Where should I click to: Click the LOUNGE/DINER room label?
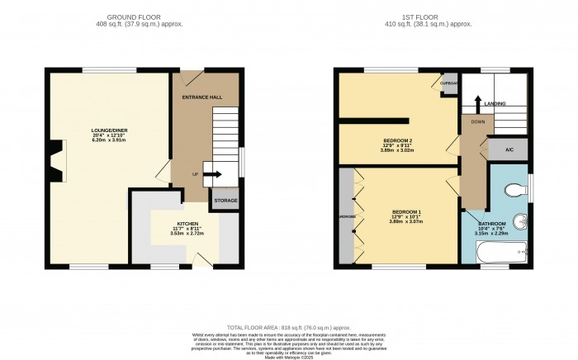(x=107, y=130)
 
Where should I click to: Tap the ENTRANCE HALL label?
(x=202, y=97)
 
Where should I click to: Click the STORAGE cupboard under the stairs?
(x=225, y=201)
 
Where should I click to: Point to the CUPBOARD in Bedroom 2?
(x=449, y=83)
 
